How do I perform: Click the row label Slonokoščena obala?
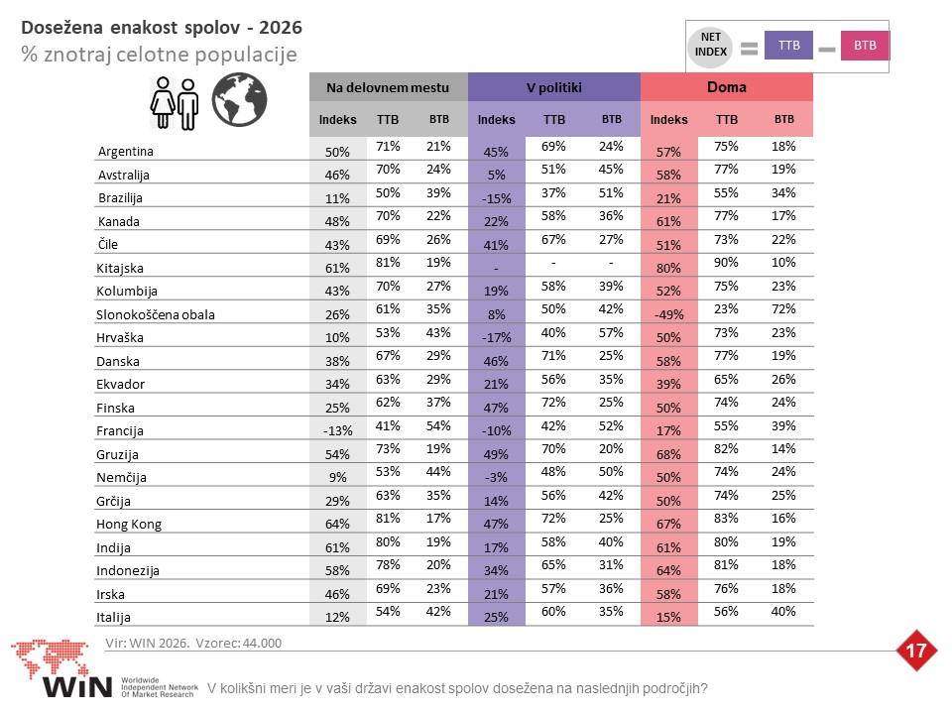pyautogui.click(x=156, y=314)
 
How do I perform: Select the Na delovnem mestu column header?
pyautogui.click(x=388, y=87)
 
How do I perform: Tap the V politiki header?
pyautogui.click(x=553, y=87)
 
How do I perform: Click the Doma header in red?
pyautogui.click(x=726, y=87)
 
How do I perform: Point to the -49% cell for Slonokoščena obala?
pyautogui.click(x=668, y=314)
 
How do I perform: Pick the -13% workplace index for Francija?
pyautogui.click(x=337, y=430)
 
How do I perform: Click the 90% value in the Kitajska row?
pyautogui.click(x=726, y=262)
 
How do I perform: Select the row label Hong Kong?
pyautogui.click(x=129, y=524)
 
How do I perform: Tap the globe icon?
pyautogui.click(x=239, y=99)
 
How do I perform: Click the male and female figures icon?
pyautogui.click(x=175, y=102)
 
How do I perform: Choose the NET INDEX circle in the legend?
pyautogui.click(x=710, y=46)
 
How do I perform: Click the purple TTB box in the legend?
pyautogui.click(x=788, y=46)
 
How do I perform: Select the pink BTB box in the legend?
pyautogui.click(x=865, y=46)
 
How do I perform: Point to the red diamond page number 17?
pyautogui.click(x=915, y=651)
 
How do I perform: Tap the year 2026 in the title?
pyautogui.click(x=281, y=28)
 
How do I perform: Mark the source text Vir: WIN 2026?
pyautogui.click(x=148, y=643)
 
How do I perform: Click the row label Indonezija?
pyautogui.click(x=128, y=571)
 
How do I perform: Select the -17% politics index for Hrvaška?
pyautogui.click(x=496, y=337)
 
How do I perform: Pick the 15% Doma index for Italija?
pyautogui.click(x=668, y=617)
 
